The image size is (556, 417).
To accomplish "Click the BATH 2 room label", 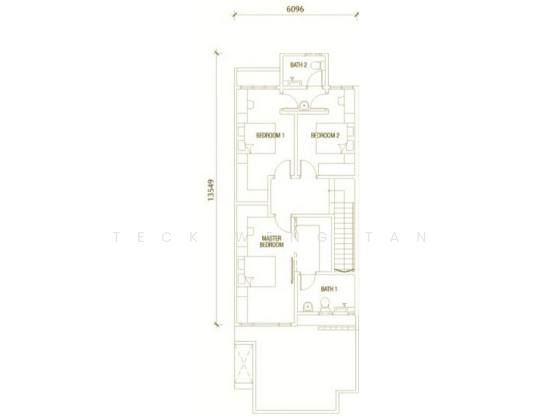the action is (298, 65).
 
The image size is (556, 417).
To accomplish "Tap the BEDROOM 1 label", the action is (270, 135).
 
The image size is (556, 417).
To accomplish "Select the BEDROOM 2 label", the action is (325, 135).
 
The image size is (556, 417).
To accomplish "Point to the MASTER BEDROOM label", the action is (271, 241).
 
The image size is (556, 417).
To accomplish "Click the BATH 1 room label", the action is (329, 289).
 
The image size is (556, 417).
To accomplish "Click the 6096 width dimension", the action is (295, 9).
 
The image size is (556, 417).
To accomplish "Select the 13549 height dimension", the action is (211, 190).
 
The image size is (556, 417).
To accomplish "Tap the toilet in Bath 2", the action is (320, 65).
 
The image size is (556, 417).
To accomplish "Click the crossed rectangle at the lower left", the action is (244, 363).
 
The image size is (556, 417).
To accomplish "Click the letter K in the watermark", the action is (194, 237).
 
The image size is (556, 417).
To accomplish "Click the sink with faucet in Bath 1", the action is (343, 309).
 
